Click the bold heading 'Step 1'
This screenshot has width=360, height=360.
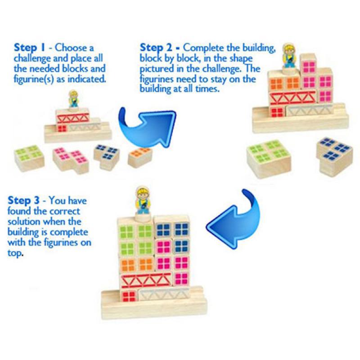[29, 48]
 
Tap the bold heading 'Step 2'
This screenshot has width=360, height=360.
[156, 48]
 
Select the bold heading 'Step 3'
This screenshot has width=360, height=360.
[24, 200]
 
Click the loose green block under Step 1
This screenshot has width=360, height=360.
[29, 158]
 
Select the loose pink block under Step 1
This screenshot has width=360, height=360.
[71, 160]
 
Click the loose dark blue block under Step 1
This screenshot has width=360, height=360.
[107, 156]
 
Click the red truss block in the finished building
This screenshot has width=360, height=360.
[147, 280]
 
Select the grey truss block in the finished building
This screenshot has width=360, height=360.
[164, 295]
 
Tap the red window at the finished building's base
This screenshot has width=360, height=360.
[129, 296]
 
